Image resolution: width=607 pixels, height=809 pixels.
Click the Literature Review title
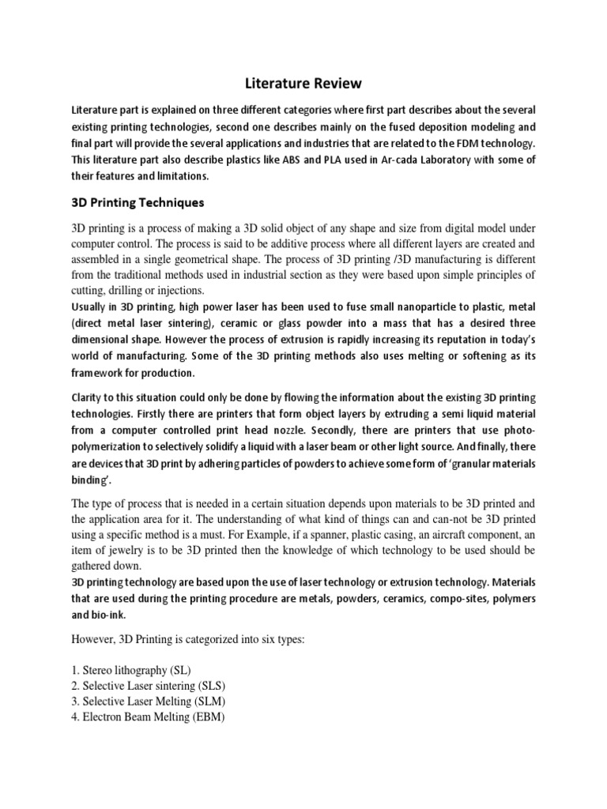click(303, 81)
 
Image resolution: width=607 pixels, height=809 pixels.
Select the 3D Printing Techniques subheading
click(138, 203)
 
